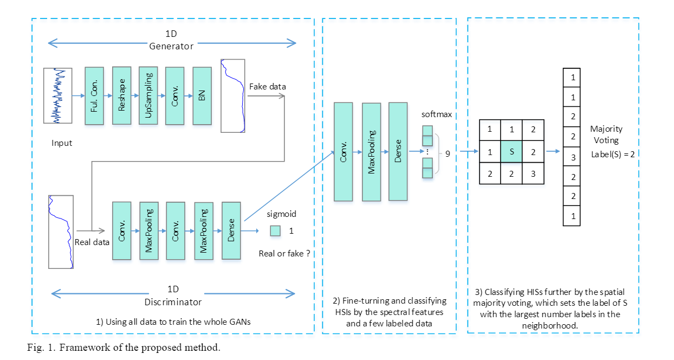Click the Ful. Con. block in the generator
click(94, 96)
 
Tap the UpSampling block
click(148, 96)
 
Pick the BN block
click(202, 96)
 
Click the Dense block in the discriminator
click(231, 230)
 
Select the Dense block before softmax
click(398, 152)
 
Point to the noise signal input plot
click(58, 96)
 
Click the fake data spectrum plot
click(233, 96)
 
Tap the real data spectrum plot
click(61, 231)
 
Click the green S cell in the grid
click(511, 152)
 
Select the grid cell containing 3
click(533, 174)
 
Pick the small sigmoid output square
click(275, 231)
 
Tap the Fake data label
click(268, 87)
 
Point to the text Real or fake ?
click(284, 253)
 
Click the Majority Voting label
click(606, 134)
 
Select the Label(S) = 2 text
click(613, 154)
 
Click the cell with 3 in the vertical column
click(573, 158)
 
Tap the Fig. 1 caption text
click(124, 348)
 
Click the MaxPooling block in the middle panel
click(372, 152)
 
